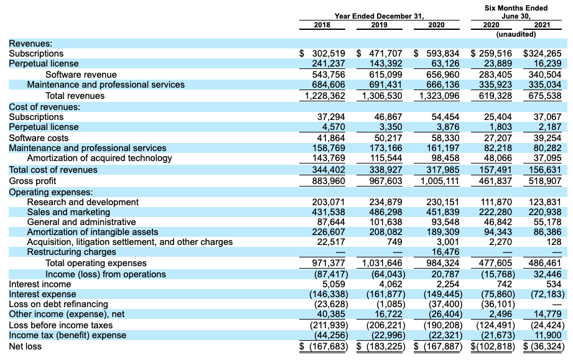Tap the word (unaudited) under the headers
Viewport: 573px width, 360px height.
(516, 34)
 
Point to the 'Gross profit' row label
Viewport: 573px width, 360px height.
(32, 180)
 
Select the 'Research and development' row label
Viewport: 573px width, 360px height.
(83, 201)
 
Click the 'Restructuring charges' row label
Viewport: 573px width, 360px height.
(72, 252)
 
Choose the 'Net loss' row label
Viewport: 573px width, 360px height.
(26, 346)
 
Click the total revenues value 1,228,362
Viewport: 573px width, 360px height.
(324, 96)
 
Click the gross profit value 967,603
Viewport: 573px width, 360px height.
(381, 180)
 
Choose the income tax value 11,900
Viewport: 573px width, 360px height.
(548, 335)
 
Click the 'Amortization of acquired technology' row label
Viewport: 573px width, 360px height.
(100, 158)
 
